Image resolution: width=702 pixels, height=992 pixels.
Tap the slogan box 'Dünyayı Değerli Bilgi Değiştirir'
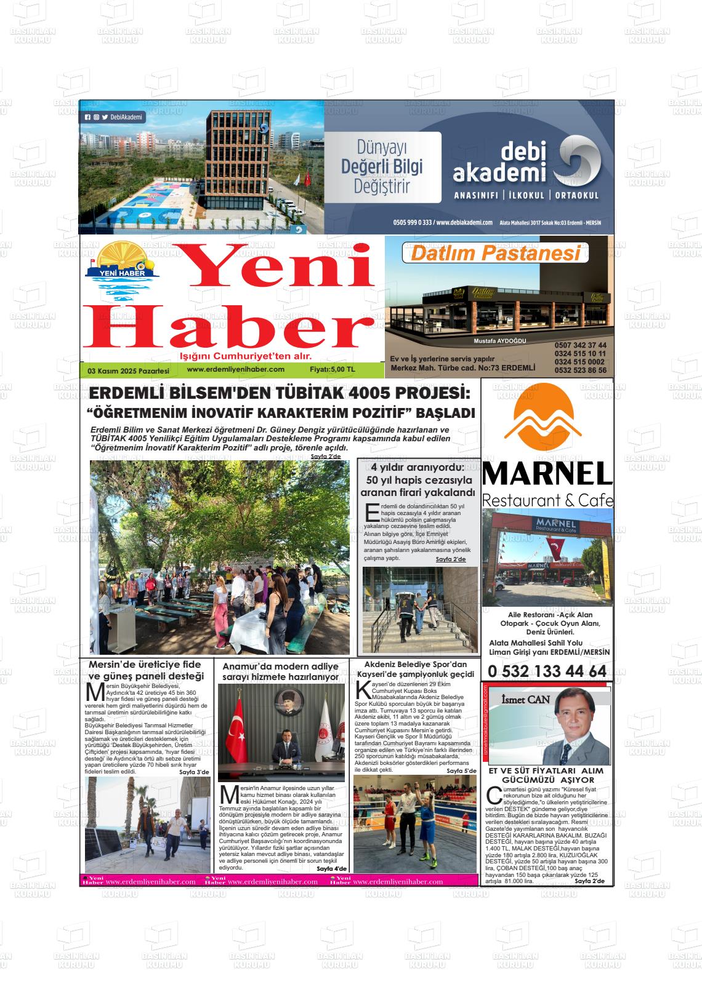point(382,167)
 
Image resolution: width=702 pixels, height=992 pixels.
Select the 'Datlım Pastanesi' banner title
point(495,253)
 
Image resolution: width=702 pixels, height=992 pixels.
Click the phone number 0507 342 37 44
point(580,345)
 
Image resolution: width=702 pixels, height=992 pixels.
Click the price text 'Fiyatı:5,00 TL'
point(333,370)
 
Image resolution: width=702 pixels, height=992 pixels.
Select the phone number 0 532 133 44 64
point(547,671)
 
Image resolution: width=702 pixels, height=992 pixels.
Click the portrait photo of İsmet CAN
point(574,727)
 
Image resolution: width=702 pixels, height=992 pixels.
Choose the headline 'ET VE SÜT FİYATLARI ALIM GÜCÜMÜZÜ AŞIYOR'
point(546,775)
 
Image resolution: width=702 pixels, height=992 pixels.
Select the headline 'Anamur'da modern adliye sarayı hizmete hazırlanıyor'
point(280,671)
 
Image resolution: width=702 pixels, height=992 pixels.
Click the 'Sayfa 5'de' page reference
point(461,770)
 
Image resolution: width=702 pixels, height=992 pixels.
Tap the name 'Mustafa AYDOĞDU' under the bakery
point(500,341)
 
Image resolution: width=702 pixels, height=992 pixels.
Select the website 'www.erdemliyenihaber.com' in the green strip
point(235,369)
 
